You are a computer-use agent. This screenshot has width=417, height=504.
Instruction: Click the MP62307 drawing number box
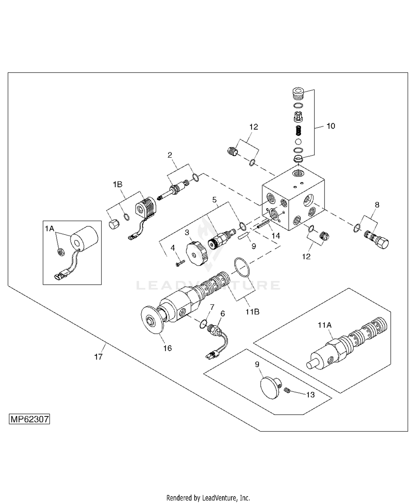[29, 419]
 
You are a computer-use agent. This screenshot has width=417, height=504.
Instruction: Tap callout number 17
[98, 357]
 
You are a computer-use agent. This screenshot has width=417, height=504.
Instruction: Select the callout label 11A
[325, 325]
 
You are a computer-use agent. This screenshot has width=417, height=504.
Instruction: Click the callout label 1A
[49, 228]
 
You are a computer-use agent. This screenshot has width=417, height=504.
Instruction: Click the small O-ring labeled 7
[203, 324]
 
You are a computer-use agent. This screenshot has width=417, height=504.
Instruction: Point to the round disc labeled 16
[152, 320]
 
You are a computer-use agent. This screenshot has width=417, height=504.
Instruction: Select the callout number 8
[377, 205]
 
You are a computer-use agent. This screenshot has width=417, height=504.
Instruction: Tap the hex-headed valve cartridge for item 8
[378, 240]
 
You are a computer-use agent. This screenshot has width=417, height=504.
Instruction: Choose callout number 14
[275, 236]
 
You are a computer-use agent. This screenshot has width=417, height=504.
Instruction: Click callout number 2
[170, 155]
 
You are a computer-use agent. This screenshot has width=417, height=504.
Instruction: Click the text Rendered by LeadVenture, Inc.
[208, 497]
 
